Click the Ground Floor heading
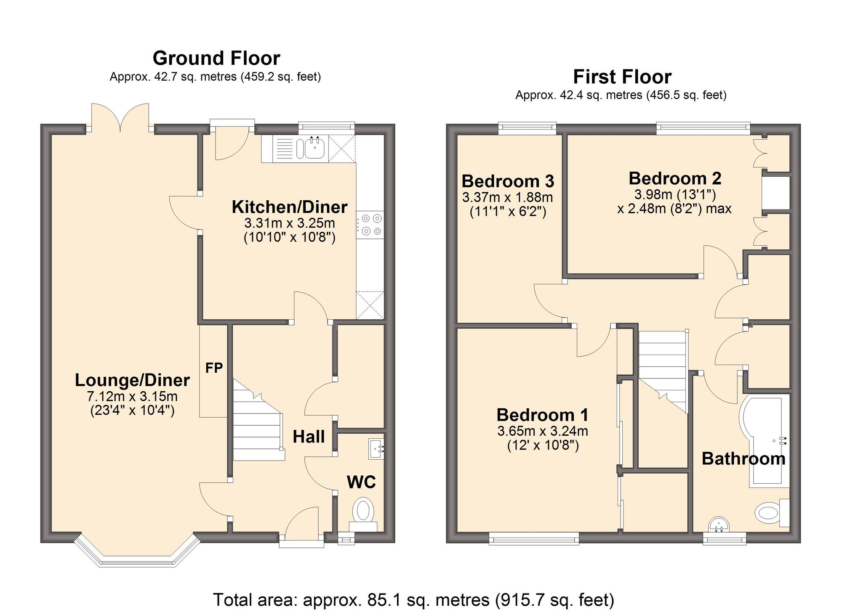click(216, 58)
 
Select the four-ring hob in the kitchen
click(370, 225)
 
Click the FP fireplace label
click(214, 368)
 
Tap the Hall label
click(309, 437)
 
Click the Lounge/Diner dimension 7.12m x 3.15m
click(132, 396)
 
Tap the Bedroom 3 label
click(508, 181)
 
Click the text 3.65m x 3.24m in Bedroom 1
click(543, 431)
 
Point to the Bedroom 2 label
click(675, 178)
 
